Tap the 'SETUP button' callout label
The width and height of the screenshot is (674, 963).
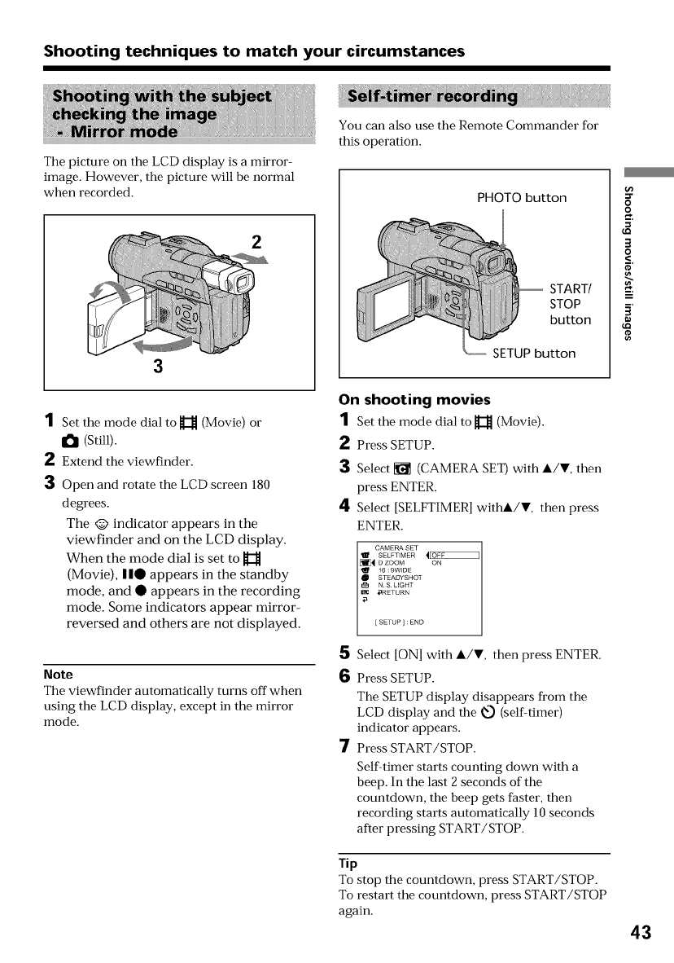(x=533, y=353)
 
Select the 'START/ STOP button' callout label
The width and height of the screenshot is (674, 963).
(x=571, y=304)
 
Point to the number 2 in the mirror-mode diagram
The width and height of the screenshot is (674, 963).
(x=256, y=242)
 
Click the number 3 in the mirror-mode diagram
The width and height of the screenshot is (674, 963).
(x=157, y=366)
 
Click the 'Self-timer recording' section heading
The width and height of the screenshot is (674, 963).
(x=432, y=98)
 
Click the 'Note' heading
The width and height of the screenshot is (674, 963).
(x=58, y=675)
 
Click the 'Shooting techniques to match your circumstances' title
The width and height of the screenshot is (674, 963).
(x=254, y=51)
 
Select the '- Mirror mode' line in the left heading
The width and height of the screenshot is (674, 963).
(x=116, y=131)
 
